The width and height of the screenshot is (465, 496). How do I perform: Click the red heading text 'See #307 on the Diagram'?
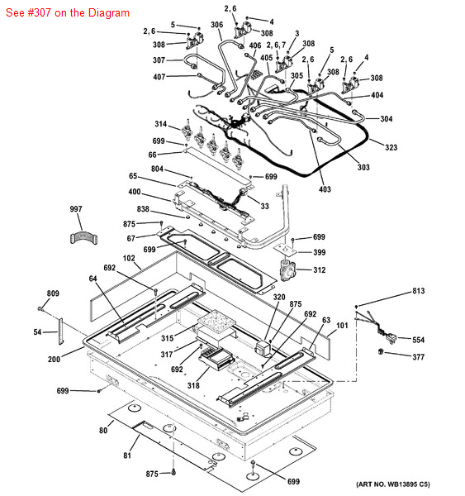pos(68,13)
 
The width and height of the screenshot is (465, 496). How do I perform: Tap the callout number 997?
pos(76,209)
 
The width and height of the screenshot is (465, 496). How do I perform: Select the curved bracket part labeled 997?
pos(83,238)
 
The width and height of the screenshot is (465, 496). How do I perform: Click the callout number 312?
pos(320,269)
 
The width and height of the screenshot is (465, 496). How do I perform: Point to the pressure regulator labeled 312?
pos(287,269)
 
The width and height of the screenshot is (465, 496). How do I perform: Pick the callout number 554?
pos(418,340)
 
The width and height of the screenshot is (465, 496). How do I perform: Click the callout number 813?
pos(418,291)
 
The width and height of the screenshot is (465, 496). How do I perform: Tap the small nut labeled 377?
pos(381,351)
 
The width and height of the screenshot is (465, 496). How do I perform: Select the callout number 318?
pos(193,385)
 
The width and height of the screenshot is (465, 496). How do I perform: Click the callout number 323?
pos(391,147)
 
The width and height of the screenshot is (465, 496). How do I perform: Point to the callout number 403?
pos(325,189)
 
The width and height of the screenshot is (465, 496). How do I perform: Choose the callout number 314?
pos(160,124)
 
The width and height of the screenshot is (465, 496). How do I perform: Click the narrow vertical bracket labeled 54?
pos(60,331)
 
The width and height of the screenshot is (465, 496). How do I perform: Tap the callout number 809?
pos(53,293)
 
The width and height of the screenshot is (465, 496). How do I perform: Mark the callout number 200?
pos(54,359)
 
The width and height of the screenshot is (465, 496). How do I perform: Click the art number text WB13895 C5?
pos(408,484)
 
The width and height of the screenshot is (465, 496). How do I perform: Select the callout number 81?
pos(126,455)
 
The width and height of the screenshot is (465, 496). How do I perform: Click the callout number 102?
pos(129,259)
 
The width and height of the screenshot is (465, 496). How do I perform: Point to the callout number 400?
pos(135,192)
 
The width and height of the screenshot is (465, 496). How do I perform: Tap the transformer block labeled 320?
pos(263,347)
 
